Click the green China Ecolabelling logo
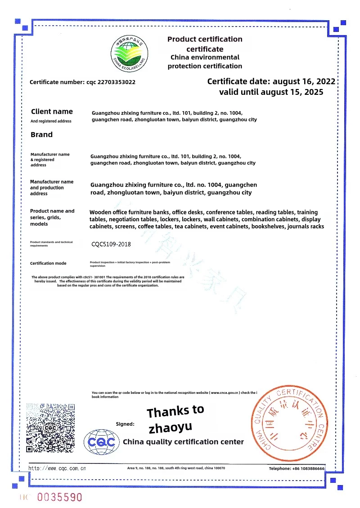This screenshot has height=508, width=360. pos(130,53)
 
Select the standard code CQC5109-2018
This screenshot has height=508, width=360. pos(111,244)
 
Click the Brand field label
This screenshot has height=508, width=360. pos(41,134)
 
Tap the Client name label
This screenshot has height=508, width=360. pos(52,111)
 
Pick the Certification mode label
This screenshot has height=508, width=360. pos(48,263)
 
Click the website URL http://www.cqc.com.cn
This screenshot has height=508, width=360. pos(57,468)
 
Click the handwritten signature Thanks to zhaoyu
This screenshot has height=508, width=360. pos(175,418)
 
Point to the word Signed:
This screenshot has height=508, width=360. pos(125,423)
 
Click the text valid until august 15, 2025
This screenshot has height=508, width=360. pos(271,92)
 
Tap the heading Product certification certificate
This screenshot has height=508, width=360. pos(205,44)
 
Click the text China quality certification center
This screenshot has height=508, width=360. pos(183,441)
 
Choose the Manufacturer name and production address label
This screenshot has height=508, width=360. pos(52,187)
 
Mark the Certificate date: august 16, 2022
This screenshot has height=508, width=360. pos(271,81)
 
